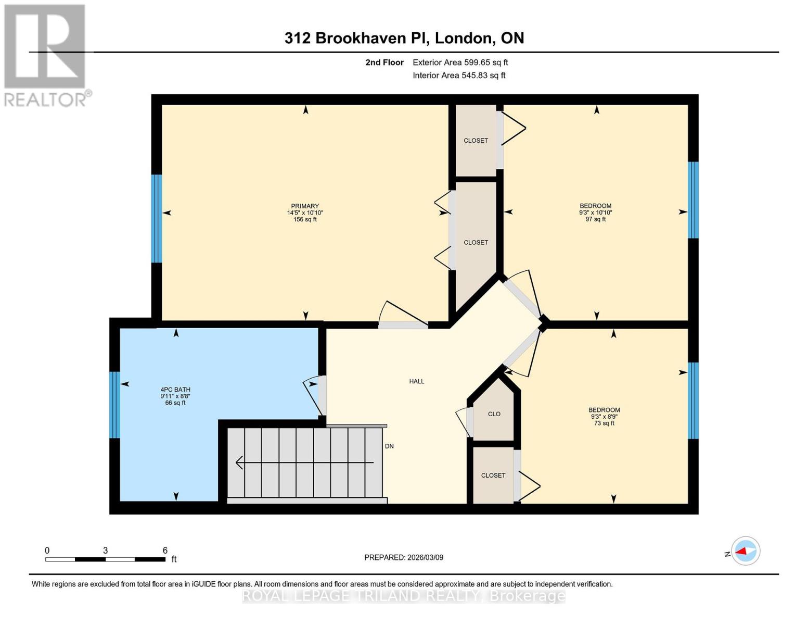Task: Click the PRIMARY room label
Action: pyautogui.click(x=305, y=206)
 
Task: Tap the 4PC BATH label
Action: pyautogui.click(x=175, y=390)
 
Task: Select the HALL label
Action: pyautogui.click(x=416, y=381)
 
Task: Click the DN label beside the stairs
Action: pyautogui.click(x=389, y=446)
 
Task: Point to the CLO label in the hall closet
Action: pyautogui.click(x=494, y=414)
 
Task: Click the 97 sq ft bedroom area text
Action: pyautogui.click(x=596, y=219)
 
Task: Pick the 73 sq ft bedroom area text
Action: pyautogui.click(x=604, y=423)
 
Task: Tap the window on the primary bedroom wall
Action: pyautogui.click(x=156, y=218)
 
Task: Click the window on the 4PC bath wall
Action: pyautogui.click(x=114, y=405)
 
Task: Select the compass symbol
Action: pyautogui.click(x=745, y=551)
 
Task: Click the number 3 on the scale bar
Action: pyautogui.click(x=105, y=551)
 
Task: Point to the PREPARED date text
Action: pyautogui.click(x=404, y=557)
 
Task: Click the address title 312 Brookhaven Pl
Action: pyautogui.click(x=404, y=38)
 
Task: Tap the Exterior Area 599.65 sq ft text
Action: pyautogui.click(x=460, y=63)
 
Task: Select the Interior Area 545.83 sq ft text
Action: pyautogui.click(x=459, y=76)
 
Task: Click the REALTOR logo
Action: pyautogui.click(x=45, y=55)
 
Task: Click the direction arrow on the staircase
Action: pyautogui.click(x=304, y=463)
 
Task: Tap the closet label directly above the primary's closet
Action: pyautogui.click(x=476, y=141)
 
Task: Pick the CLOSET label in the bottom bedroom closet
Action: pyautogui.click(x=493, y=476)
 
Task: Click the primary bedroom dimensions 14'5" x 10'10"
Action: pyautogui.click(x=305, y=213)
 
